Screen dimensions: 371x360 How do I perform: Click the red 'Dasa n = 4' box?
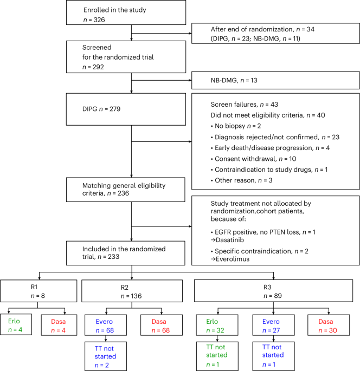point(54,321)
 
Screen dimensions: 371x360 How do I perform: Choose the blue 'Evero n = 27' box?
point(274,321)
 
